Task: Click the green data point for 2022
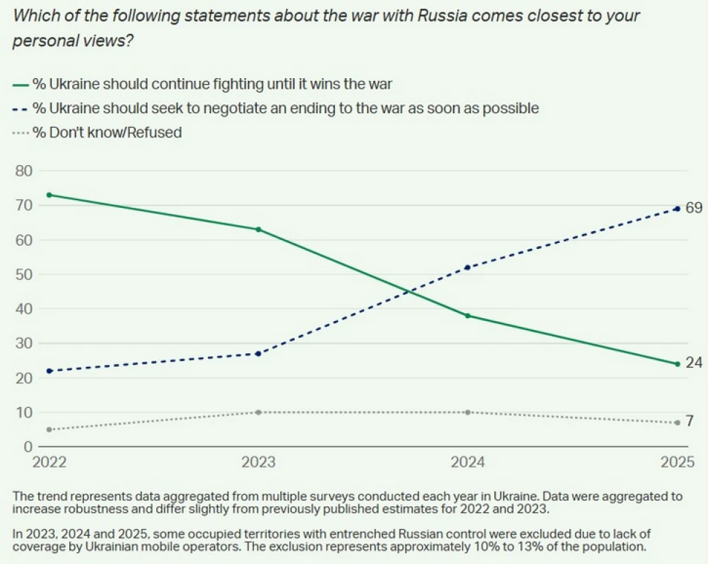point(49,195)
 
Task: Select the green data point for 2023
point(258,229)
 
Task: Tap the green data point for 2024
point(468,315)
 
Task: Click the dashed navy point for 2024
point(468,267)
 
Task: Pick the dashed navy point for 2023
point(258,353)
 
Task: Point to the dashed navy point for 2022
point(49,371)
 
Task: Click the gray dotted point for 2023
point(258,412)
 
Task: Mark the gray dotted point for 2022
point(49,429)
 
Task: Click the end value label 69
point(693,209)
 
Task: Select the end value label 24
point(693,363)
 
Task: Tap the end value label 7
point(690,422)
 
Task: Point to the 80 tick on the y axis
point(25,171)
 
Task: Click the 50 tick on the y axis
point(25,275)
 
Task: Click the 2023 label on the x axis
point(258,463)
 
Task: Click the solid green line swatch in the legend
point(20,84)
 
